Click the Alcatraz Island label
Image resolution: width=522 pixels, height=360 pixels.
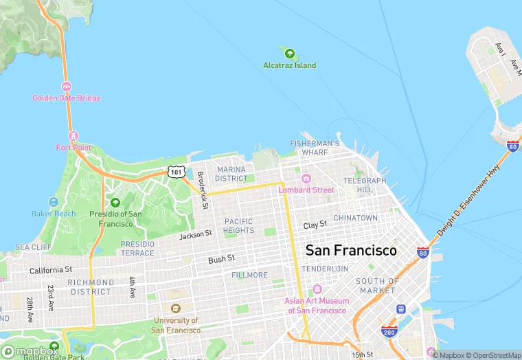(289, 65)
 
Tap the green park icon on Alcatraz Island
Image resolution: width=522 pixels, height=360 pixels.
(289, 53)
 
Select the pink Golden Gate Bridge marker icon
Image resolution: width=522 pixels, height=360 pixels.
(67, 87)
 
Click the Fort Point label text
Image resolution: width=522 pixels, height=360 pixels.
(73, 147)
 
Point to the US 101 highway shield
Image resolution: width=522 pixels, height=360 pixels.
(177, 171)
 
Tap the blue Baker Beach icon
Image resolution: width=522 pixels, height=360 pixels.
(54, 202)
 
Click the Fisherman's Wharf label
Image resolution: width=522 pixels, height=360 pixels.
(315, 147)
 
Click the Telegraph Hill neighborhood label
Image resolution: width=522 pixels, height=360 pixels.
(365, 185)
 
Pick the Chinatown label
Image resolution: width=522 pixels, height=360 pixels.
(355, 218)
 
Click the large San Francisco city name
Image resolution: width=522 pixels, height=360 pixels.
(351, 250)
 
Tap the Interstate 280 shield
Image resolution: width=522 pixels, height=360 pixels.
(389, 332)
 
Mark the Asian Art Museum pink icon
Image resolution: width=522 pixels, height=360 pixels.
(317, 289)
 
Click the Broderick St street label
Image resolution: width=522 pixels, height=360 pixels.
(202, 190)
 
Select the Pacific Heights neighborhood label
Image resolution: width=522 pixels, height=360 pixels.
(238, 226)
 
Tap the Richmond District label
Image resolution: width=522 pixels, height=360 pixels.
(91, 287)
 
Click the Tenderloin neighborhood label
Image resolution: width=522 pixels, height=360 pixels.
(325, 269)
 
